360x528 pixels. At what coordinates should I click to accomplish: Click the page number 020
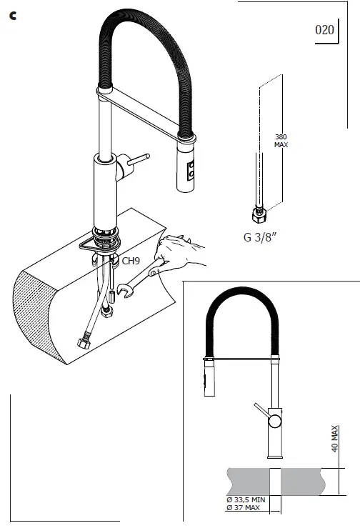(x=324, y=30)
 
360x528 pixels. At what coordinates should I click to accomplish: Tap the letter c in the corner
(x=13, y=16)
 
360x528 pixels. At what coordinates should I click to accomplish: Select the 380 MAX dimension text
(x=281, y=140)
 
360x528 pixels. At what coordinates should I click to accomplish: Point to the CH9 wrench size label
(x=131, y=261)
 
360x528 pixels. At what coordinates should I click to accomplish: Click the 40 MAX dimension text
(x=334, y=437)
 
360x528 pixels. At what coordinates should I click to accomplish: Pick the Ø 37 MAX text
(x=243, y=508)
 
